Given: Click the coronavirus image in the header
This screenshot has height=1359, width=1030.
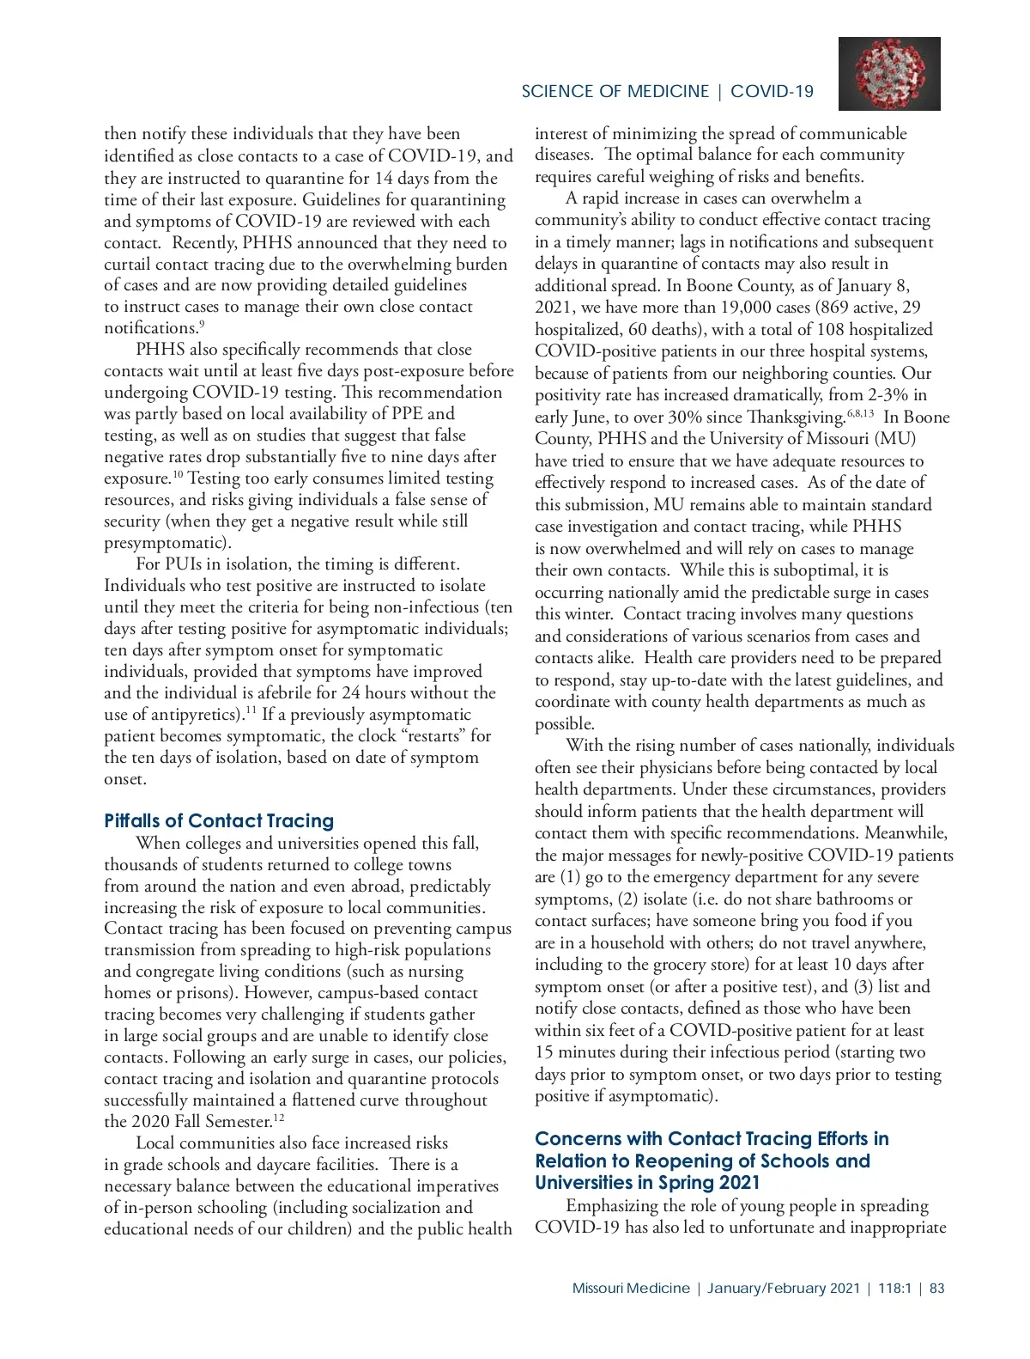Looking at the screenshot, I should pyautogui.click(x=889, y=74).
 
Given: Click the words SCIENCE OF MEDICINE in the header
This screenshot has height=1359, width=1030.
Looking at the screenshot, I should pyautogui.click(x=615, y=92).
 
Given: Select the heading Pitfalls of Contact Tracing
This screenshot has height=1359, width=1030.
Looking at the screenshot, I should pyautogui.click(x=219, y=820).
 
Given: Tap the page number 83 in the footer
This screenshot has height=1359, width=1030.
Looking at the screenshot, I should pyautogui.click(x=936, y=1289).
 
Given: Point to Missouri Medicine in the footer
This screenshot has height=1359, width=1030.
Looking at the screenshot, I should pyautogui.click(x=630, y=1289).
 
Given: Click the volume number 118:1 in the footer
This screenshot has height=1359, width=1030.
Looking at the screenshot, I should pyautogui.click(x=894, y=1289).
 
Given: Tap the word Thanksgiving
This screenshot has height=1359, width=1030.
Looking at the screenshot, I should pyautogui.click(x=793, y=417).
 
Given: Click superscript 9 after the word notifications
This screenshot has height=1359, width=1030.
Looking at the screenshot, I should pyautogui.click(x=201, y=324).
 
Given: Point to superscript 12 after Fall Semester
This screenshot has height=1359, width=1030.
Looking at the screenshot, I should pyautogui.click(x=279, y=1118).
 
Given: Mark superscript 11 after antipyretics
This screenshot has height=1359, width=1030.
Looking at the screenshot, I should pyautogui.click(x=251, y=710).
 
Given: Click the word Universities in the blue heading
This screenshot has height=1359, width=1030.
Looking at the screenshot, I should pyautogui.click(x=590, y=1183).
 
